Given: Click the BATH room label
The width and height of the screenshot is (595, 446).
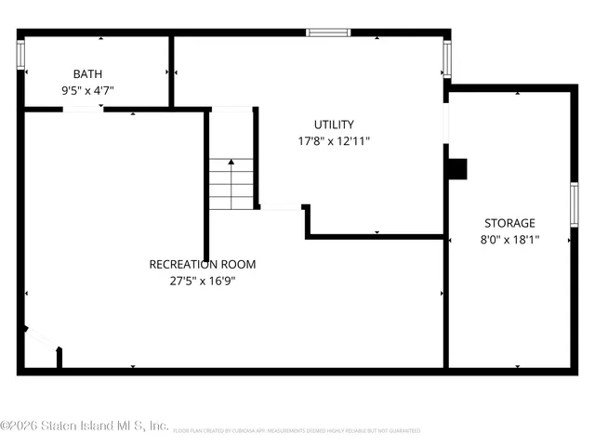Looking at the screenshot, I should tap(88, 74).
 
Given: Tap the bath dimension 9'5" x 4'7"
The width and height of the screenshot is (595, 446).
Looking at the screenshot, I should tap(88, 91).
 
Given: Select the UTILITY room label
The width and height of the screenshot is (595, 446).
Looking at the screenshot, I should tap(334, 125).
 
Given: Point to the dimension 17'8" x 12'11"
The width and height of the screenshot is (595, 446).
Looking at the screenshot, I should tap(334, 141).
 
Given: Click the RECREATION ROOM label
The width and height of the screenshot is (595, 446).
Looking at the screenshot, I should tap(203, 264).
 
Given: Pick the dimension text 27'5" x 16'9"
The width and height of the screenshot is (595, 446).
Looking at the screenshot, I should tap(203, 281).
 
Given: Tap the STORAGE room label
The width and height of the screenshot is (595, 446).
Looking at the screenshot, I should tap(509, 223).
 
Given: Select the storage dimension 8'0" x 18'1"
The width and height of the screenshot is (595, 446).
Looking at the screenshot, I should tap(509, 240).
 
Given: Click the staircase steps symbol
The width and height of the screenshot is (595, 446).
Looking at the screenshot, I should tap(231, 184).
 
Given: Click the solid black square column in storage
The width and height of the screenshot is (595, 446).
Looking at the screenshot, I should tap(457, 169).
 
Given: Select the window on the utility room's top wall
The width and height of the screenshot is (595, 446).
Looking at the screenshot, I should tap(329, 33).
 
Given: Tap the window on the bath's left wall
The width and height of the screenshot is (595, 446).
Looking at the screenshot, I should tap(20, 56).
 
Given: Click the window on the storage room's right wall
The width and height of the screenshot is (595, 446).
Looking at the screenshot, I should tap(575, 203).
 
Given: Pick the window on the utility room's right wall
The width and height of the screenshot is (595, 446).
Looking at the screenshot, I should tap(446, 60).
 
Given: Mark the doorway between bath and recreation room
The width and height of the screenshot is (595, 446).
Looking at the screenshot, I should tap(83, 110).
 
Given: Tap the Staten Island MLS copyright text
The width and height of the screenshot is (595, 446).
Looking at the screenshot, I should tap(85, 426).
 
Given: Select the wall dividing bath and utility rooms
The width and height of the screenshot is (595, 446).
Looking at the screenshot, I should tap(171, 72).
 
